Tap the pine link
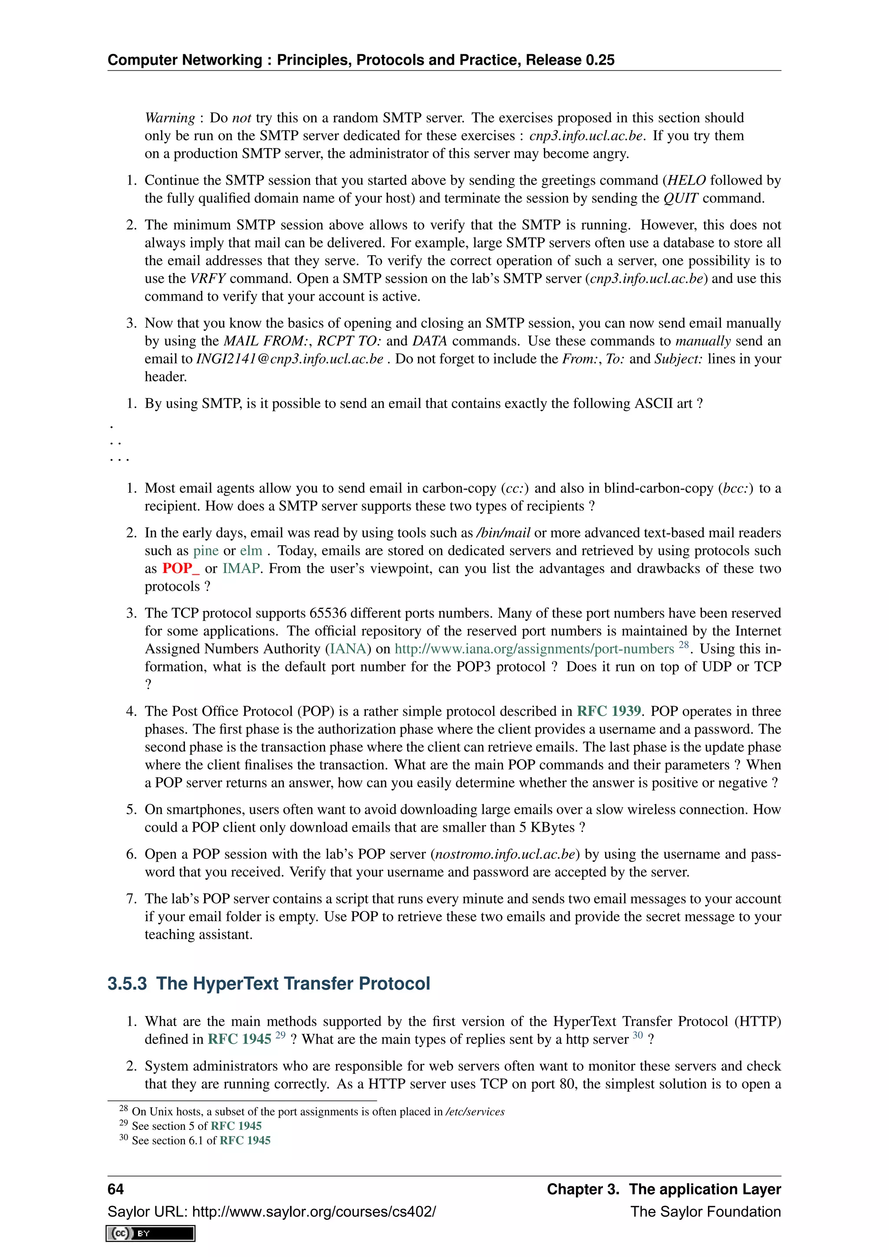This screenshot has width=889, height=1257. (x=206, y=550)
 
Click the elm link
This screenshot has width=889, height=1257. (x=251, y=550)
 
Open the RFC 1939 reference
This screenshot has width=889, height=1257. (x=609, y=711)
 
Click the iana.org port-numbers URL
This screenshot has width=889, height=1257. (x=534, y=649)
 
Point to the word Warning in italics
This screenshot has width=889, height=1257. (x=170, y=118)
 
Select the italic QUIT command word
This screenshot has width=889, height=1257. (x=681, y=198)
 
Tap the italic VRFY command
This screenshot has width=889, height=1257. (x=208, y=279)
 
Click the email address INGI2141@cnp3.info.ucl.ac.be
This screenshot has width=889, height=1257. (x=290, y=359)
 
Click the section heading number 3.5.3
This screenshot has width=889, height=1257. (x=127, y=984)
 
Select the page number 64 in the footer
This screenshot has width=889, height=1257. (x=115, y=1189)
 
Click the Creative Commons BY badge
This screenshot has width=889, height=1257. (x=151, y=1234)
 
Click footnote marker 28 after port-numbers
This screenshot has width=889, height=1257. (x=683, y=645)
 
